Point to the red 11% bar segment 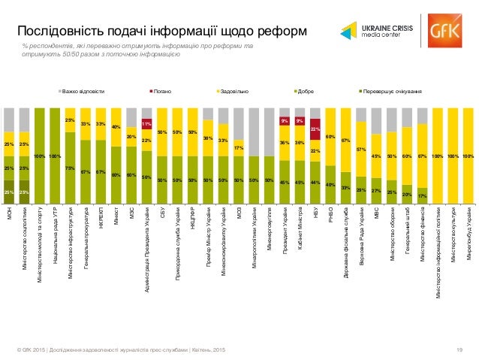tap(147, 124)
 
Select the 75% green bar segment tap(69, 168)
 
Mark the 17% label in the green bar tap(423, 196)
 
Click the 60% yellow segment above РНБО tap(330, 137)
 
